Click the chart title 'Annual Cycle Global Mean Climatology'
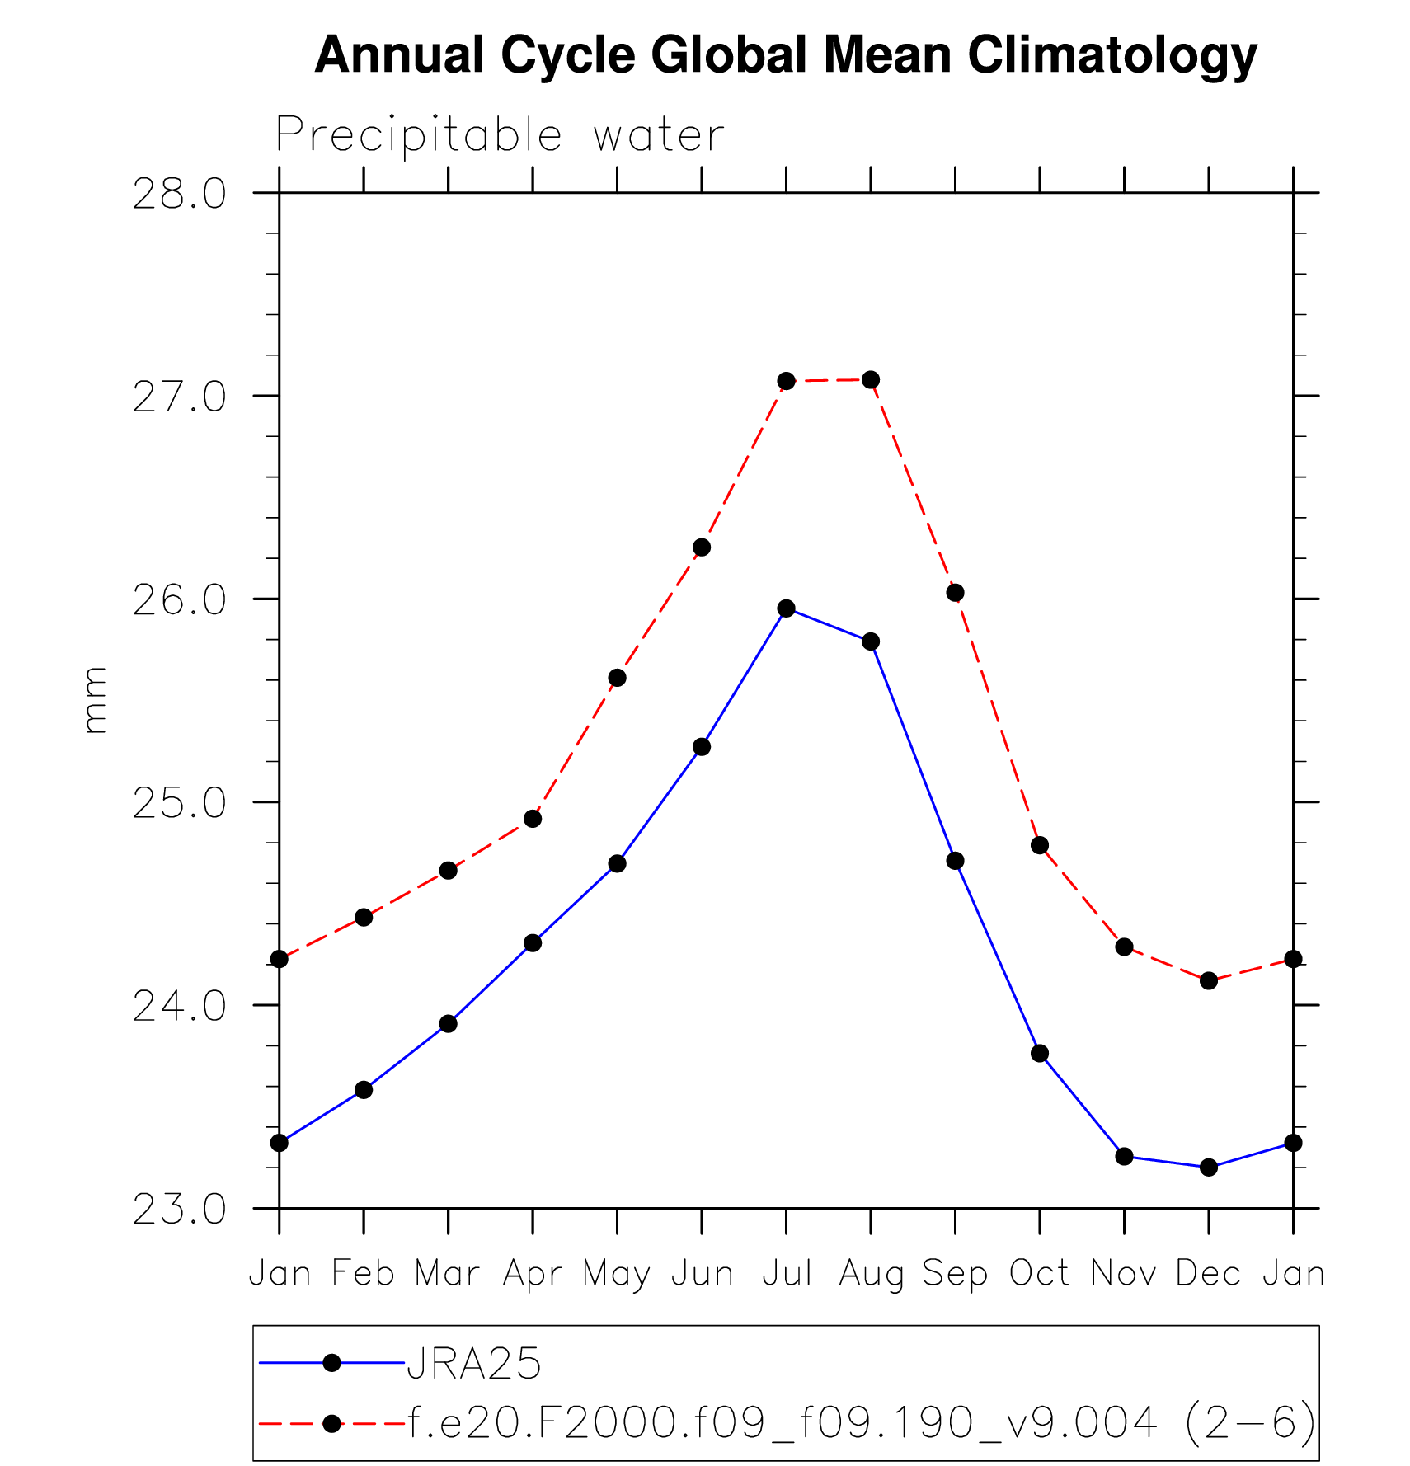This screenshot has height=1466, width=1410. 785,55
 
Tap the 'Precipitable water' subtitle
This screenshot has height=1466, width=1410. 500,135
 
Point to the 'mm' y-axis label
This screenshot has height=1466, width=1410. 95,700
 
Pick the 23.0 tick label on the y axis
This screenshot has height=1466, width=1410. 179,1210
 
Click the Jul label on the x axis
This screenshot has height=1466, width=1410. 787,1274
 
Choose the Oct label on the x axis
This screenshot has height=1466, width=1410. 1040,1274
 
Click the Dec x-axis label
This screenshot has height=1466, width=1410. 1209,1274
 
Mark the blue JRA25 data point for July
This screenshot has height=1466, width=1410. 787,608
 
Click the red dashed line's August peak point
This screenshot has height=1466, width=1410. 871,380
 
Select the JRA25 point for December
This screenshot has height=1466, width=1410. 1209,1168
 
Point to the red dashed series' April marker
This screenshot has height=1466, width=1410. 533,819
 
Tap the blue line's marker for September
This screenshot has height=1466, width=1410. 956,861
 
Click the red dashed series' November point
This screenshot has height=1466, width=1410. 1125,947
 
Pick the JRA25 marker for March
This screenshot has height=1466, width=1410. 449,1024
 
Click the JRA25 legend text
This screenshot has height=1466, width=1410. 474,1364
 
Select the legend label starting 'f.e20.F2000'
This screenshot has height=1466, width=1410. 862,1423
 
